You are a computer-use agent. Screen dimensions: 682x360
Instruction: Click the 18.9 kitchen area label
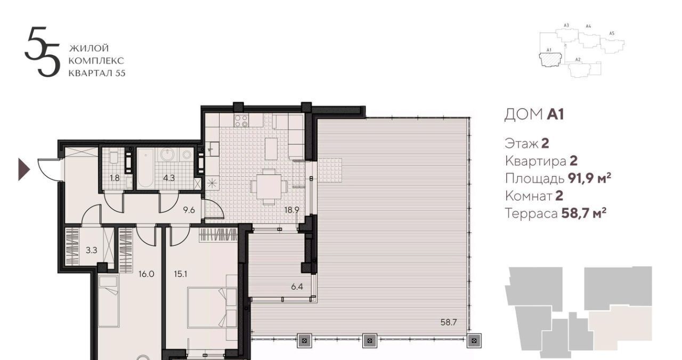pos(291,210)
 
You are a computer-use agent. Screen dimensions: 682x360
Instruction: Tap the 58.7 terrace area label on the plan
pos(449,322)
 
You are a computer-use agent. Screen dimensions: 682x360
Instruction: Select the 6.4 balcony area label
pos(297,287)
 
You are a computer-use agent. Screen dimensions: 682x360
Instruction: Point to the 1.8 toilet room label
pos(115,178)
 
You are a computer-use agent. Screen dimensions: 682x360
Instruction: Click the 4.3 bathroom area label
pos(169,178)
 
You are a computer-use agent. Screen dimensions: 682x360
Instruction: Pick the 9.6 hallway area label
pos(189,210)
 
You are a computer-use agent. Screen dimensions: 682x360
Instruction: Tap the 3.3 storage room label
pos(91,250)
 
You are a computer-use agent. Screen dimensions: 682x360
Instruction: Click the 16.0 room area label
pos(146,274)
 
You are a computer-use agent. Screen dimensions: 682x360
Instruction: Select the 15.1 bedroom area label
pos(180,274)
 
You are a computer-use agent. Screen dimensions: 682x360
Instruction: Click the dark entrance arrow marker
pos(24,169)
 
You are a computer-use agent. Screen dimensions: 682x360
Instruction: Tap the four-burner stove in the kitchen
pos(241,120)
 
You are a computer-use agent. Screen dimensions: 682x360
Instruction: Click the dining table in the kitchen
pos(269,186)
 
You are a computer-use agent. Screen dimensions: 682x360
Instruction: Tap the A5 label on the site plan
pos(612,34)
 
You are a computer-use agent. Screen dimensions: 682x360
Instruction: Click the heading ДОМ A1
pos(534,114)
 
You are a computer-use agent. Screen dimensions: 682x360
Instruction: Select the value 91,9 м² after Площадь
pos(590,178)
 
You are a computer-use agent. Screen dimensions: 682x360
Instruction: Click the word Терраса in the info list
pos(531,214)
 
